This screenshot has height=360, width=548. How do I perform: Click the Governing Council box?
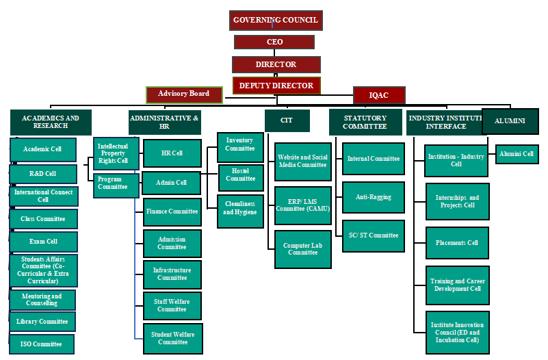[x=276, y=21]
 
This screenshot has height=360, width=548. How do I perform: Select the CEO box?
[x=274, y=42]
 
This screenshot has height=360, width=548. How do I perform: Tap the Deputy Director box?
[x=276, y=86]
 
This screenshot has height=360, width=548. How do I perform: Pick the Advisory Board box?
[x=184, y=94]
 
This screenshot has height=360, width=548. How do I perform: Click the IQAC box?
[x=379, y=95]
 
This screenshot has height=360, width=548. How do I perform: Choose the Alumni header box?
[x=510, y=121]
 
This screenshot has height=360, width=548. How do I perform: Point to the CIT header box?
[x=287, y=120]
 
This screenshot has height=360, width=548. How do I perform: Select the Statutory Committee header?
[x=365, y=123]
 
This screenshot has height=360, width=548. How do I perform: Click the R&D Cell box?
[x=43, y=174]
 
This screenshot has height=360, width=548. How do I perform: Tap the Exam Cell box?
[x=43, y=242]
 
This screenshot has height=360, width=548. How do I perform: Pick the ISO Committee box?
[x=42, y=344]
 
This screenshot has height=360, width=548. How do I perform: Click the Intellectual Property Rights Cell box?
[x=116, y=153]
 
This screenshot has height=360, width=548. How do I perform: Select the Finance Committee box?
[x=172, y=212]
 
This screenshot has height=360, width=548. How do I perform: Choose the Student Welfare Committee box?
[x=172, y=338]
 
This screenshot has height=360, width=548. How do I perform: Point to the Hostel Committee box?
[x=241, y=175]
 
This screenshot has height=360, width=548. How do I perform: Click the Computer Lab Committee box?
[x=302, y=249]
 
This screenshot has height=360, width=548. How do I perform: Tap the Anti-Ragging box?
[x=374, y=197]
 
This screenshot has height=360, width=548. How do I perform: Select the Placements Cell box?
[x=457, y=243]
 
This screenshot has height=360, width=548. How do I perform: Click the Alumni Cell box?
[x=517, y=155]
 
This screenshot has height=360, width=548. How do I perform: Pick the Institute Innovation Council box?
[x=457, y=332]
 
